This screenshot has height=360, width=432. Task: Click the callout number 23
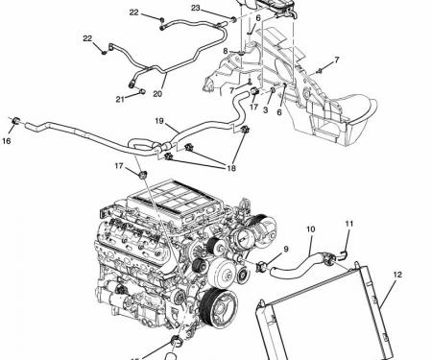pos(195,9)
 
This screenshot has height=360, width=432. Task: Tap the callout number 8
pos(226,51)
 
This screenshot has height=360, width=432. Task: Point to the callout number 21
pos(121,99)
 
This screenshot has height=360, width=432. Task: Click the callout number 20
pos(157,94)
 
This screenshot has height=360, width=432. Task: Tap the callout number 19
pos(160,122)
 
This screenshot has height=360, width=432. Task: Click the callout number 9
pos(285,250)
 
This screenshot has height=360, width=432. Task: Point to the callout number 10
pos(310,230)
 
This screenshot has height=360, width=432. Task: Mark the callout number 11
pos(349,225)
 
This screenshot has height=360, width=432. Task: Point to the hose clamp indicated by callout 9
pos(263,266)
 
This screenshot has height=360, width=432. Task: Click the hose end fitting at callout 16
pos(16,121)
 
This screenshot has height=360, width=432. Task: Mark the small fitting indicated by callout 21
pos(140,92)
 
